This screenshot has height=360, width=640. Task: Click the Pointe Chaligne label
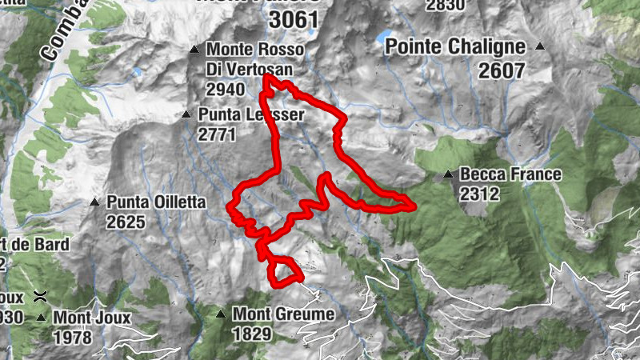(455, 46)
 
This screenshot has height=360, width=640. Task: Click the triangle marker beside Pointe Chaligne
(540, 47)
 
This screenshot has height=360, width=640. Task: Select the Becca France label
(510, 174)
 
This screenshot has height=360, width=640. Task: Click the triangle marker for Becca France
(449, 174)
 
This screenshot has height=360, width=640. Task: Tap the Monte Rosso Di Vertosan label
(254, 59)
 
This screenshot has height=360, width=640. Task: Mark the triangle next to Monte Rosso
(194, 50)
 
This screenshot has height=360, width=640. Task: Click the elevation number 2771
(218, 134)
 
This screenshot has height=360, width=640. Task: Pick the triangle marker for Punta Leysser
(186, 114)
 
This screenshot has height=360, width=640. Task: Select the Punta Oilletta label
(157, 203)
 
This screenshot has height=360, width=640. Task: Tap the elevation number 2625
(126, 222)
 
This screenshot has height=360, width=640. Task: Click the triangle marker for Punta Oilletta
(94, 202)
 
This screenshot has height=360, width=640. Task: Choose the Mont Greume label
(283, 314)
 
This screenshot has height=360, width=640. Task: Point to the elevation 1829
(253, 334)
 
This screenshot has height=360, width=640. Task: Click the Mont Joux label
(91, 318)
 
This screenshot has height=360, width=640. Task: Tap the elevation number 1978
(72, 337)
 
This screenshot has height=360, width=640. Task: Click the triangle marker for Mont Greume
(221, 314)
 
